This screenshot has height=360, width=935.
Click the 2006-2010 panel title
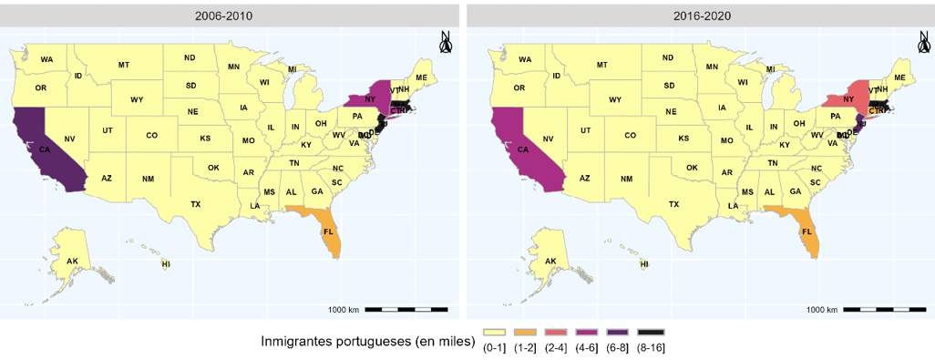[x=230, y=15]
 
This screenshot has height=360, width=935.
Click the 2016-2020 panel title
[x=699, y=15]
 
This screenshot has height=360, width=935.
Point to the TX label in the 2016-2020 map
[x=673, y=204]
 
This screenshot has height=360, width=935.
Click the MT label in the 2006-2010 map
[x=124, y=65]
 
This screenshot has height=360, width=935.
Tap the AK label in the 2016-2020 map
[x=550, y=262]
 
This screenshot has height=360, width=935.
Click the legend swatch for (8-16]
[x=652, y=333]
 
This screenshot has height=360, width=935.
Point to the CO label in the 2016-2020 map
[x=630, y=135]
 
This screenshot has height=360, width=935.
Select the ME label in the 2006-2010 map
[x=421, y=77]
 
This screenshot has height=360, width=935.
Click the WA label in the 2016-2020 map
[x=525, y=59]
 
